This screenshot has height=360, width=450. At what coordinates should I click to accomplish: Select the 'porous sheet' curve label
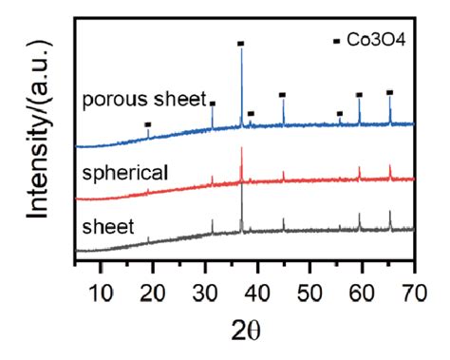(143, 99)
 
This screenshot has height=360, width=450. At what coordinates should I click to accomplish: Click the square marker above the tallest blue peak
(241, 44)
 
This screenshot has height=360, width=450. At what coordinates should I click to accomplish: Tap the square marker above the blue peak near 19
(147, 124)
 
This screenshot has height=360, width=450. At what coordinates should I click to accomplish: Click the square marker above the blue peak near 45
(282, 94)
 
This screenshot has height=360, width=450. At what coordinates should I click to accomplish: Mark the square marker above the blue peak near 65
(389, 92)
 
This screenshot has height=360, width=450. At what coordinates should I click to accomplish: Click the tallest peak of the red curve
(241, 150)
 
